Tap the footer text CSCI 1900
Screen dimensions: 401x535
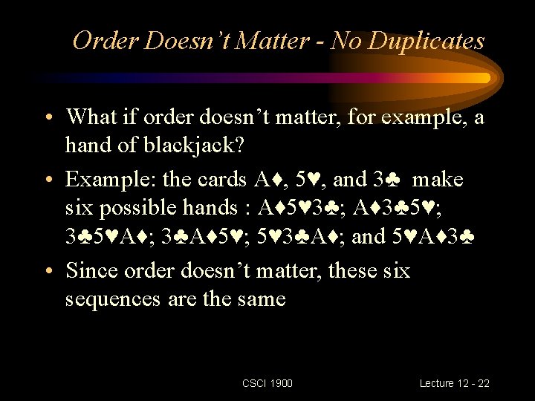267,383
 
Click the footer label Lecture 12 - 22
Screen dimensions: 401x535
454,383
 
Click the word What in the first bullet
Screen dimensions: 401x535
90,117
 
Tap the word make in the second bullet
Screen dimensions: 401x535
438,180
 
